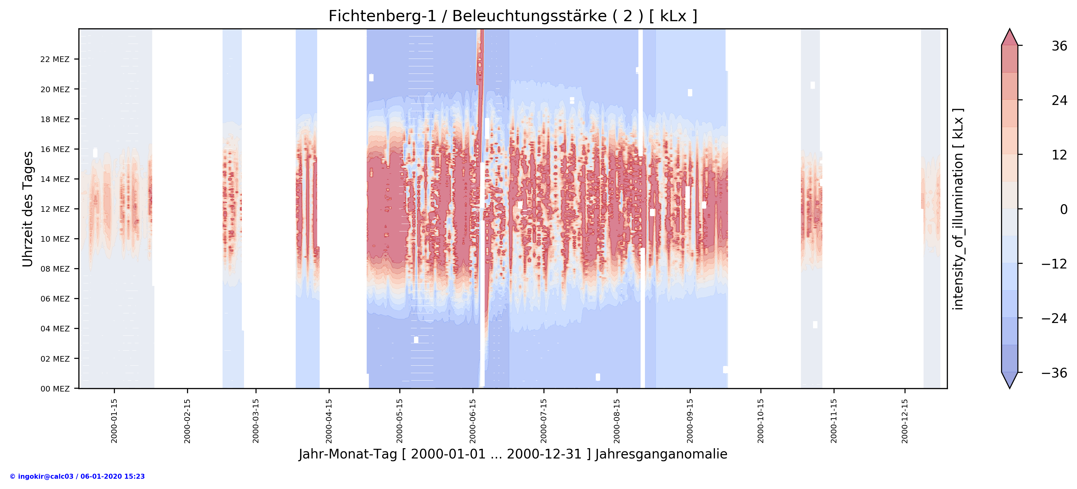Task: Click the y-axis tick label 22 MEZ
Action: coord(55,59)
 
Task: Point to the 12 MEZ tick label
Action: coord(55,209)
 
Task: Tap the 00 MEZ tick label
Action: coord(55,389)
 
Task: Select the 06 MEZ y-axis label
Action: coord(55,299)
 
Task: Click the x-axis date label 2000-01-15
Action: coord(114,421)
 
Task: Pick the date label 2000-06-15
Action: coord(473,421)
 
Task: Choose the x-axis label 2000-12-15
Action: coord(905,421)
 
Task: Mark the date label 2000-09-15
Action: coord(690,421)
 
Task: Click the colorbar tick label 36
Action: coord(1059,46)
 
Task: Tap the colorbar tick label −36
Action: coord(1054,373)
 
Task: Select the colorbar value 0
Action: coord(1064,209)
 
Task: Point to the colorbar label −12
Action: coord(1054,264)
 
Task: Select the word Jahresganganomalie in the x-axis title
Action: coord(661,454)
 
